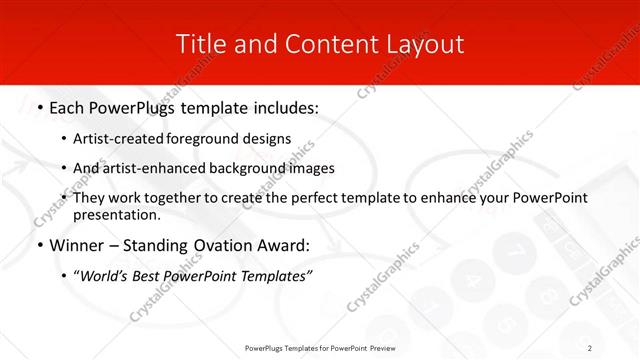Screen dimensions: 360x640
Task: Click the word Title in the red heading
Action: pos(201,44)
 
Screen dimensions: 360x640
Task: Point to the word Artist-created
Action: pos(114,139)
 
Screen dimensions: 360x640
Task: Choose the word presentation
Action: pos(116,214)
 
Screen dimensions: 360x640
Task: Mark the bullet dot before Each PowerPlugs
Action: pos(38,106)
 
